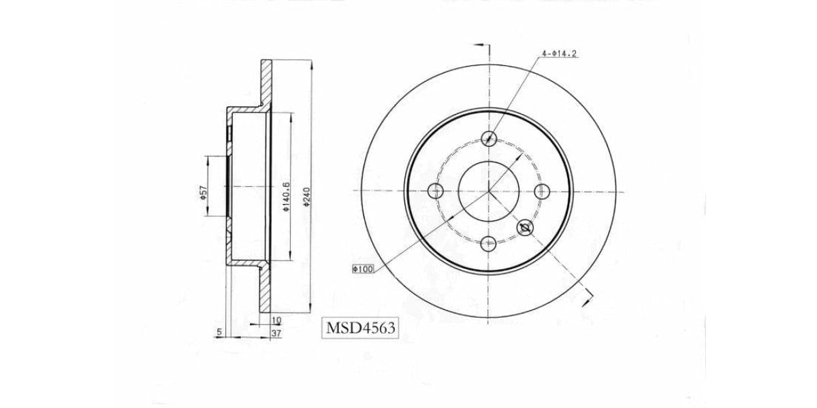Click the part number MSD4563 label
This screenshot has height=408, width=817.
coord(361,328)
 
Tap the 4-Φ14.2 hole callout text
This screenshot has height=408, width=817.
coord(560,53)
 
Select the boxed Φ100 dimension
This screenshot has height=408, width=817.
coord(363,269)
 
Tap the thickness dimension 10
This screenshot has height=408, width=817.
coord(276,320)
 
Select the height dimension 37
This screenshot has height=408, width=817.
coord(276,333)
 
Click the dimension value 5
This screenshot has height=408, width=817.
coord(219,332)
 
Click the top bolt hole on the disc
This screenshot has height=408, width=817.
coord(488,138)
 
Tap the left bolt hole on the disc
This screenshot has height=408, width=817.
coord(436,190)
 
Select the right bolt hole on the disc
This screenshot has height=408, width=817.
coord(541,190)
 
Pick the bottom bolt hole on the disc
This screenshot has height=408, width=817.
coord(488,243)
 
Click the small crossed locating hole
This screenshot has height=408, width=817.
coord(525,228)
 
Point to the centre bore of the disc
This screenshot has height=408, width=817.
coord(488,190)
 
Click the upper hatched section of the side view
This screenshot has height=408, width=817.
coord(266,85)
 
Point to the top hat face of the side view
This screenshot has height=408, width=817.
coord(229,190)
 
